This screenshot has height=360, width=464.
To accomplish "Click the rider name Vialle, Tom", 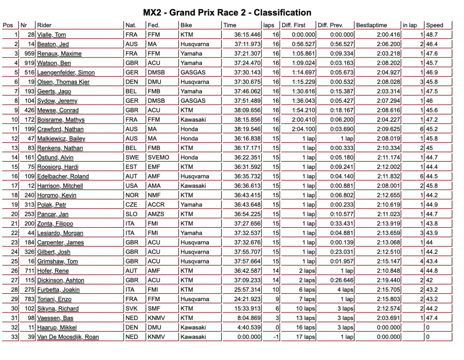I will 51,35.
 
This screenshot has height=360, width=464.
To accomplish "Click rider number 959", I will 30,53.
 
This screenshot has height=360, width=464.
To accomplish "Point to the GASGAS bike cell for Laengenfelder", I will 193,72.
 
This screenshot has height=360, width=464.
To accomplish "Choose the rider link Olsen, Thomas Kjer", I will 63,82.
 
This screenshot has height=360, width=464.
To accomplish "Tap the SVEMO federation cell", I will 159,157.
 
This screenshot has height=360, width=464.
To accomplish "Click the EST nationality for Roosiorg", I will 132,167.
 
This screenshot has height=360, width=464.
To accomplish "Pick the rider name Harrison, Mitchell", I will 60,186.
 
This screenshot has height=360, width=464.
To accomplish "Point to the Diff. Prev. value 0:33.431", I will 341,223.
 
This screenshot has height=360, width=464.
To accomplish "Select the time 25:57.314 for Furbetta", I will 247,290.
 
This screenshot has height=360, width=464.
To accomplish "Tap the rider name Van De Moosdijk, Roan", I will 68,337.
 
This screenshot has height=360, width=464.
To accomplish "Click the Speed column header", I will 435,25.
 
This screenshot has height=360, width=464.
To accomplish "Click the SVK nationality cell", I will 132,308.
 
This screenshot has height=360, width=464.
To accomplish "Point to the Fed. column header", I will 154,25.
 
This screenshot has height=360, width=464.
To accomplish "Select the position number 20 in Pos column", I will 14,214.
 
